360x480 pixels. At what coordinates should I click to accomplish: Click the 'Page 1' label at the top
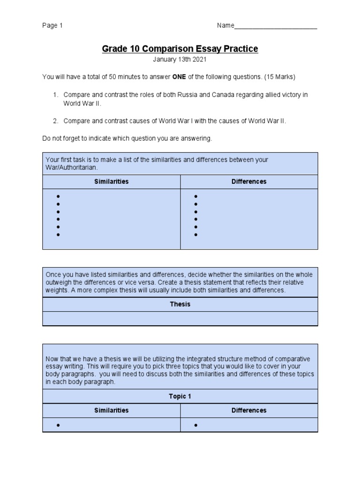pyautogui.click(x=52, y=26)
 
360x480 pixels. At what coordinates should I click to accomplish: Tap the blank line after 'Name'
pyautogui.click(x=276, y=26)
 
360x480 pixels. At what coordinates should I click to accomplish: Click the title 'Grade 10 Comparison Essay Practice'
pyautogui.click(x=180, y=49)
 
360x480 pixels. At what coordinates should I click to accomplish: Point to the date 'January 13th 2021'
pyautogui.click(x=180, y=60)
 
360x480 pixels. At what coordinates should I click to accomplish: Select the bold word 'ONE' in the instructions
pyautogui.click(x=180, y=76)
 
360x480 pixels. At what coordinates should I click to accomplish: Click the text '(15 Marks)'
pyautogui.click(x=280, y=76)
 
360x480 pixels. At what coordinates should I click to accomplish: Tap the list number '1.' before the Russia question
pyautogui.click(x=55, y=95)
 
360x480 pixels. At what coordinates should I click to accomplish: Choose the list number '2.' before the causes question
pyautogui.click(x=55, y=121)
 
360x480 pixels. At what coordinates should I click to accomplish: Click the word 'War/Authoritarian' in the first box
pyautogui.click(x=72, y=167)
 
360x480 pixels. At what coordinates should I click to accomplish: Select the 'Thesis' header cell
pyautogui.click(x=180, y=304)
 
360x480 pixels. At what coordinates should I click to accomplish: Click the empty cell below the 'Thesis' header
pyautogui.click(x=180, y=318)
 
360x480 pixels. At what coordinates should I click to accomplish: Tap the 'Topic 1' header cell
pyautogui.click(x=180, y=396)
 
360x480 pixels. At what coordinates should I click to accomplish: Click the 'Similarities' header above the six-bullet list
pyautogui.click(x=111, y=181)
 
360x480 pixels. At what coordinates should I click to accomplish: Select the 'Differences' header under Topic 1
pyautogui.click(x=249, y=410)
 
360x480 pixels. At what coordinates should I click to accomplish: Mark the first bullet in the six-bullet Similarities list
pyautogui.click(x=58, y=196)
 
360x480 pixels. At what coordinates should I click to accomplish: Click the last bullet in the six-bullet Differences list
pyautogui.click(x=196, y=234)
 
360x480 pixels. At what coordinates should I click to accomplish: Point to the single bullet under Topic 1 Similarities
pyautogui.click(x=58, y=425)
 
